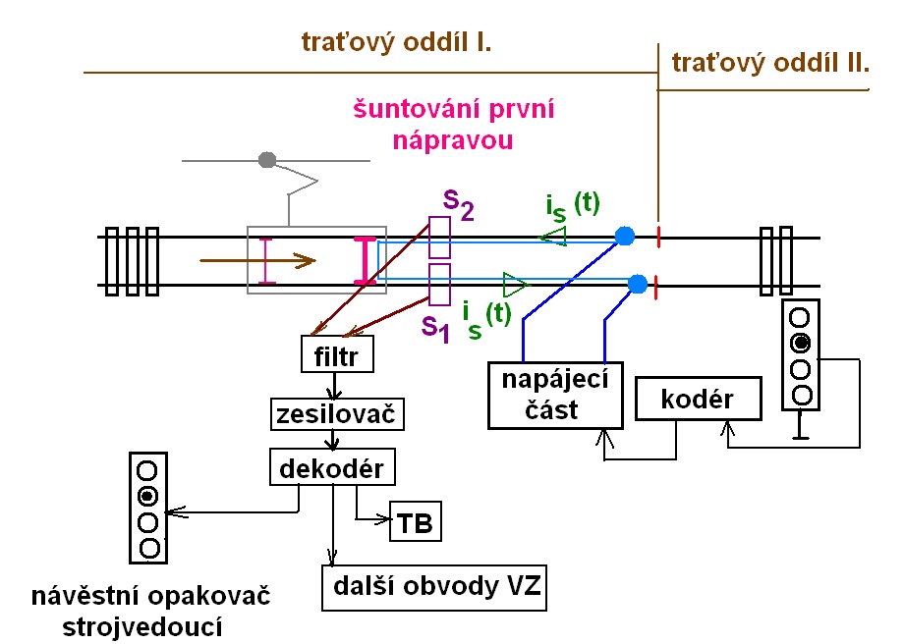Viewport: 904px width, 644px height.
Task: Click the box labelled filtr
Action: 337,354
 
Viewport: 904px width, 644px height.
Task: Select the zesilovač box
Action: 338,414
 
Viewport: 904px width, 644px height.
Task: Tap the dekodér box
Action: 332,468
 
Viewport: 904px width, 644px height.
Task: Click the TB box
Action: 415,522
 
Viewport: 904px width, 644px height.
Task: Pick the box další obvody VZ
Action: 433,588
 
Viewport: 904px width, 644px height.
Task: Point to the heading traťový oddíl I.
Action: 396,44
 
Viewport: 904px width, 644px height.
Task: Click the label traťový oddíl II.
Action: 770,64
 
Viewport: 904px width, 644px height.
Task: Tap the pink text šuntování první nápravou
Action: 454,125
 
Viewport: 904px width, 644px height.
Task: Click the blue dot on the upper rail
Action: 624,236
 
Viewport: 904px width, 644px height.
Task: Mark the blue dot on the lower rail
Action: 637,285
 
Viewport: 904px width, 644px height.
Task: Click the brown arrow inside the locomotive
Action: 256,261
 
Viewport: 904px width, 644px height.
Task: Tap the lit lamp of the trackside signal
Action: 802,343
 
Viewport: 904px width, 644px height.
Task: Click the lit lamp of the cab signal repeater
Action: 148,494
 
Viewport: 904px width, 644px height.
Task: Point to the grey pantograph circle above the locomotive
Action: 265,159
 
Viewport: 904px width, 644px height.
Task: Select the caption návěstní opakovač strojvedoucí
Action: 150,611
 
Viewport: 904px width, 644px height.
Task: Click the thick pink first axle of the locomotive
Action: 365,261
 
